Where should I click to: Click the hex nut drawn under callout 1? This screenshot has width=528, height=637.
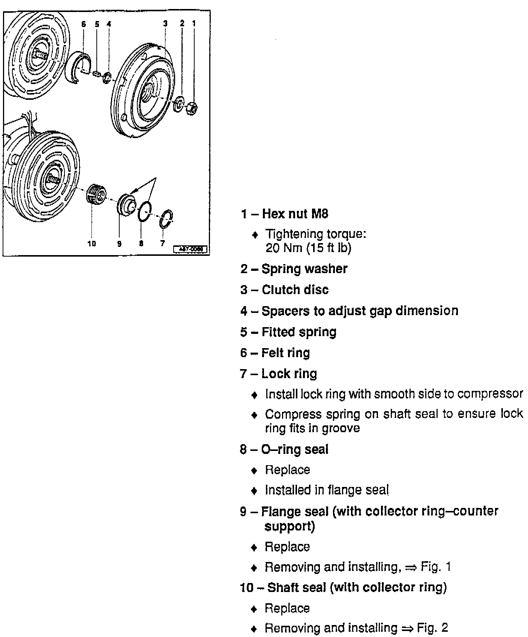pos(192,108)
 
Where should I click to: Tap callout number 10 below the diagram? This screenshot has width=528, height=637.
pos(92,244)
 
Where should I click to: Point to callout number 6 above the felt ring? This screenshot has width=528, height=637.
pos(83,24)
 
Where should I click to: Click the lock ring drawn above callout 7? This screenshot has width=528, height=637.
pos(166,219)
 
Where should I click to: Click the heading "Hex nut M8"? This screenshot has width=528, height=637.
pos(295,214)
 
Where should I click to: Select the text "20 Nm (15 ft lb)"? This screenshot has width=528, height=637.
pos(308,248)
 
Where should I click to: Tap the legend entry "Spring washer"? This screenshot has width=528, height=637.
pos(304,269)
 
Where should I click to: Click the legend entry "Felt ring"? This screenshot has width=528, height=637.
pos(285,353)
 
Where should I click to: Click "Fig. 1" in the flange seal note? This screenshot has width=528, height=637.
pos(435,566)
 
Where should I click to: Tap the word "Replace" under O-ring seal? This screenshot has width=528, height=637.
pos(287,470)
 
